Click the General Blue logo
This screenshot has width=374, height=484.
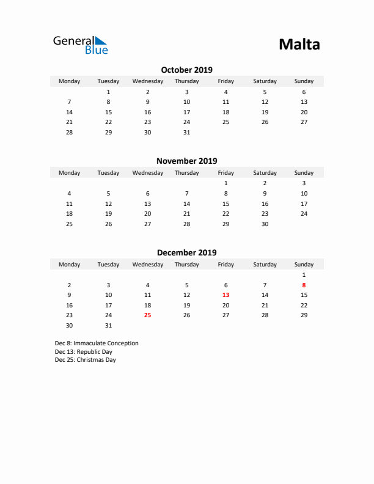[80, 45]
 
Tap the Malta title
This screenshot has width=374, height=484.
[299, 45]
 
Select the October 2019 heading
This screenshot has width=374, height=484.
[186, 70]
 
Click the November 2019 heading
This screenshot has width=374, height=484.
[186, 161]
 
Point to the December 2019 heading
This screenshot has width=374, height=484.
[186, 252]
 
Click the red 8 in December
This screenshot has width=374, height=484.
[304, 285]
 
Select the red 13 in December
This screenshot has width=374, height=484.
[226, 295]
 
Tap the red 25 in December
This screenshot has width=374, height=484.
[147, 315]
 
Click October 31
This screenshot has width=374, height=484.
[186, 132]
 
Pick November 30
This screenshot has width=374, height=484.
[265, 224]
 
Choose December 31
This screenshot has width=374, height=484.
[108, 326]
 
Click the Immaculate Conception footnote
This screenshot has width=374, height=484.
[97, 343]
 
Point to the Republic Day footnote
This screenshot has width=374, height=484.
[83, 352]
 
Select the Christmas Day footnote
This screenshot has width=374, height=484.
[85, 360]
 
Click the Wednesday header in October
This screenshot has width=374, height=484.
[147, 81]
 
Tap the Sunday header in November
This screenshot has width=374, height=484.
[304, 173]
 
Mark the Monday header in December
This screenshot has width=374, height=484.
[69, 265]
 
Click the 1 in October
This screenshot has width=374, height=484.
[108, 92]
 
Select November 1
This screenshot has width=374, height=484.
[226, 183]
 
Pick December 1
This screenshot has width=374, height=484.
[304, 275]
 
